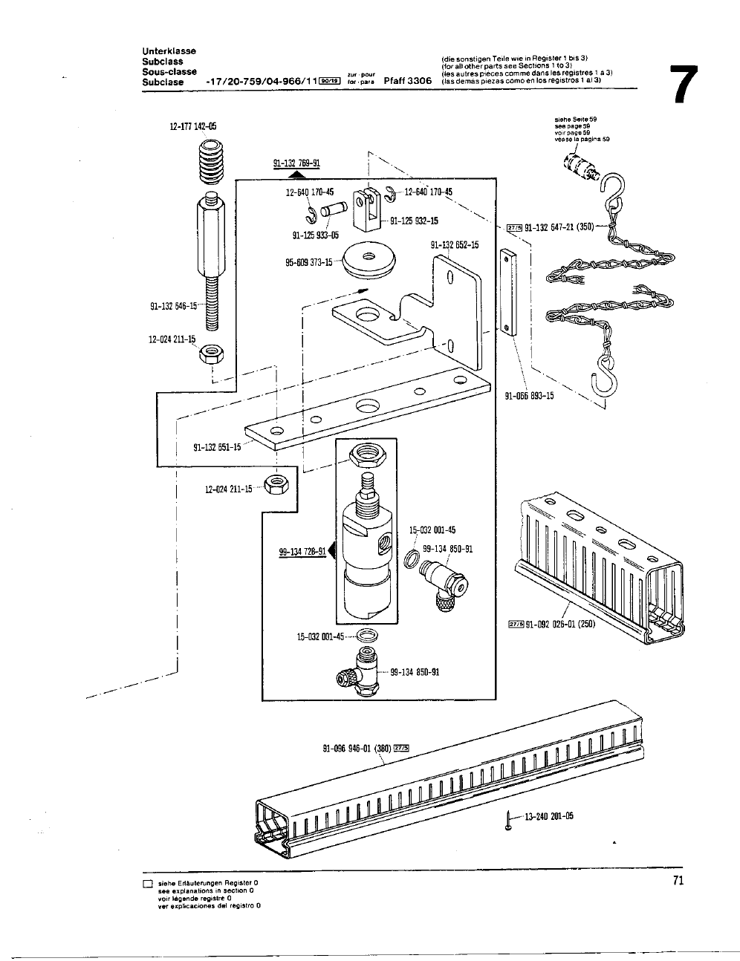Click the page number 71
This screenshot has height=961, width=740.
point(677,880)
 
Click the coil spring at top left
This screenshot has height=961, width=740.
point(212,166)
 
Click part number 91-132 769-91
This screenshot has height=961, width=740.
point(297,165)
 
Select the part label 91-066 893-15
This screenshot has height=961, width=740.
point(529,396)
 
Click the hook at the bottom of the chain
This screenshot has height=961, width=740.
point(603,378)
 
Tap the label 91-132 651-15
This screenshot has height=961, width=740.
point(217,447)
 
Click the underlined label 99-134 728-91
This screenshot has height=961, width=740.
point(302,550)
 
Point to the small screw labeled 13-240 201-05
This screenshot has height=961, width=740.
point(507,820)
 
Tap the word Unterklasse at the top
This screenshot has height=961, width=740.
point(169,51)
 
